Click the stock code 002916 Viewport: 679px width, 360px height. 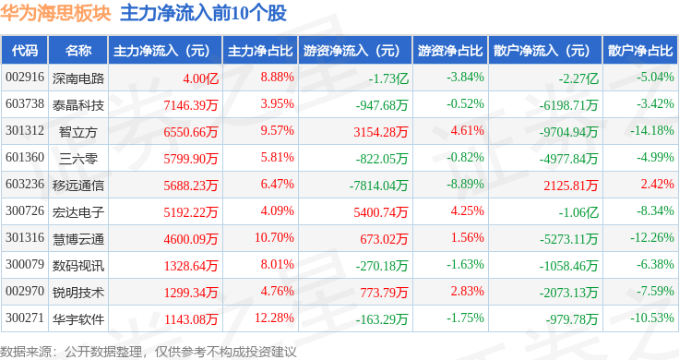25,78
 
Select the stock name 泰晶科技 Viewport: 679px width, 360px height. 78,105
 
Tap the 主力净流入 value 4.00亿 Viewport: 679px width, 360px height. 200,78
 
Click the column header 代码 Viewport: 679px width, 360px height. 25,50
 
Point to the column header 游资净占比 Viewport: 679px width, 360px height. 450,50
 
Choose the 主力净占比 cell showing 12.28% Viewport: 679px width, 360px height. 274,318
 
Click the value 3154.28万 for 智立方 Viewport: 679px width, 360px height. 381,132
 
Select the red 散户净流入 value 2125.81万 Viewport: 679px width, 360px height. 571,186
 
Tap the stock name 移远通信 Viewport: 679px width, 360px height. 78,186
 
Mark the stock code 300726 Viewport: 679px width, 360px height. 25,211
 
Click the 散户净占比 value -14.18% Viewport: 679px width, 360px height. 651,130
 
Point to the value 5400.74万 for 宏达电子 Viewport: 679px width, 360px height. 381,212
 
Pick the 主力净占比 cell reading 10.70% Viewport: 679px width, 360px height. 274,238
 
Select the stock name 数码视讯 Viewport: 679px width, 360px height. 78,266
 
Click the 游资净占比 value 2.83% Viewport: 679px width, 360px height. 467,291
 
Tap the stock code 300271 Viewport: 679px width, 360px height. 25,318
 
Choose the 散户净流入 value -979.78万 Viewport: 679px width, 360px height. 572,319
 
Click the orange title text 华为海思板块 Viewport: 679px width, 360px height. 55,13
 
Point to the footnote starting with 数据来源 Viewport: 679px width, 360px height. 149,352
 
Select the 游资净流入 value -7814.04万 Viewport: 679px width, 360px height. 378,186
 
